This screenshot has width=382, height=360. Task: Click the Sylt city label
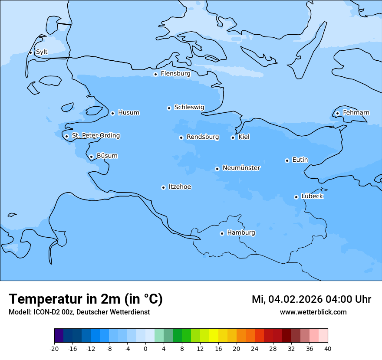42,52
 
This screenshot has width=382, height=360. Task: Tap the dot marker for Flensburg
155,74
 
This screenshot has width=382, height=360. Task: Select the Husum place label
128,113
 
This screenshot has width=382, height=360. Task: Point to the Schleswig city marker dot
169,108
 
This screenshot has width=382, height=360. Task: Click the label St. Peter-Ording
95,136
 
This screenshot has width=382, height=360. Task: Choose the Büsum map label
107,156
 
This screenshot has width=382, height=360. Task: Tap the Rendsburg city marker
181,137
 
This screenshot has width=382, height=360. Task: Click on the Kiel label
244,137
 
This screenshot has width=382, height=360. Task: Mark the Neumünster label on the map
241,168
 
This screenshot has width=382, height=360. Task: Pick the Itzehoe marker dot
163,187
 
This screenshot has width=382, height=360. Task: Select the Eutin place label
300,160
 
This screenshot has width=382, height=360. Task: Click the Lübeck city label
312,196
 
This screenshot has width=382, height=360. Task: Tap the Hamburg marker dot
222,233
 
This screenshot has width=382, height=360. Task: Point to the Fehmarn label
356,113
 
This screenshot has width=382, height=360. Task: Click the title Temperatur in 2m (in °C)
86,299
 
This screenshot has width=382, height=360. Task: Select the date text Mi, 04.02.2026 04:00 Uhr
311,299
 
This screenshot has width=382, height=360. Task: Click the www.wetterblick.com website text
313,312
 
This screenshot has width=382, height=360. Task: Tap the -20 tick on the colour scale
54,349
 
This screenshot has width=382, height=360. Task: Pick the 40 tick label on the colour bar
328,349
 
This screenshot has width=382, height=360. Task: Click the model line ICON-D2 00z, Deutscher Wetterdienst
79,312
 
